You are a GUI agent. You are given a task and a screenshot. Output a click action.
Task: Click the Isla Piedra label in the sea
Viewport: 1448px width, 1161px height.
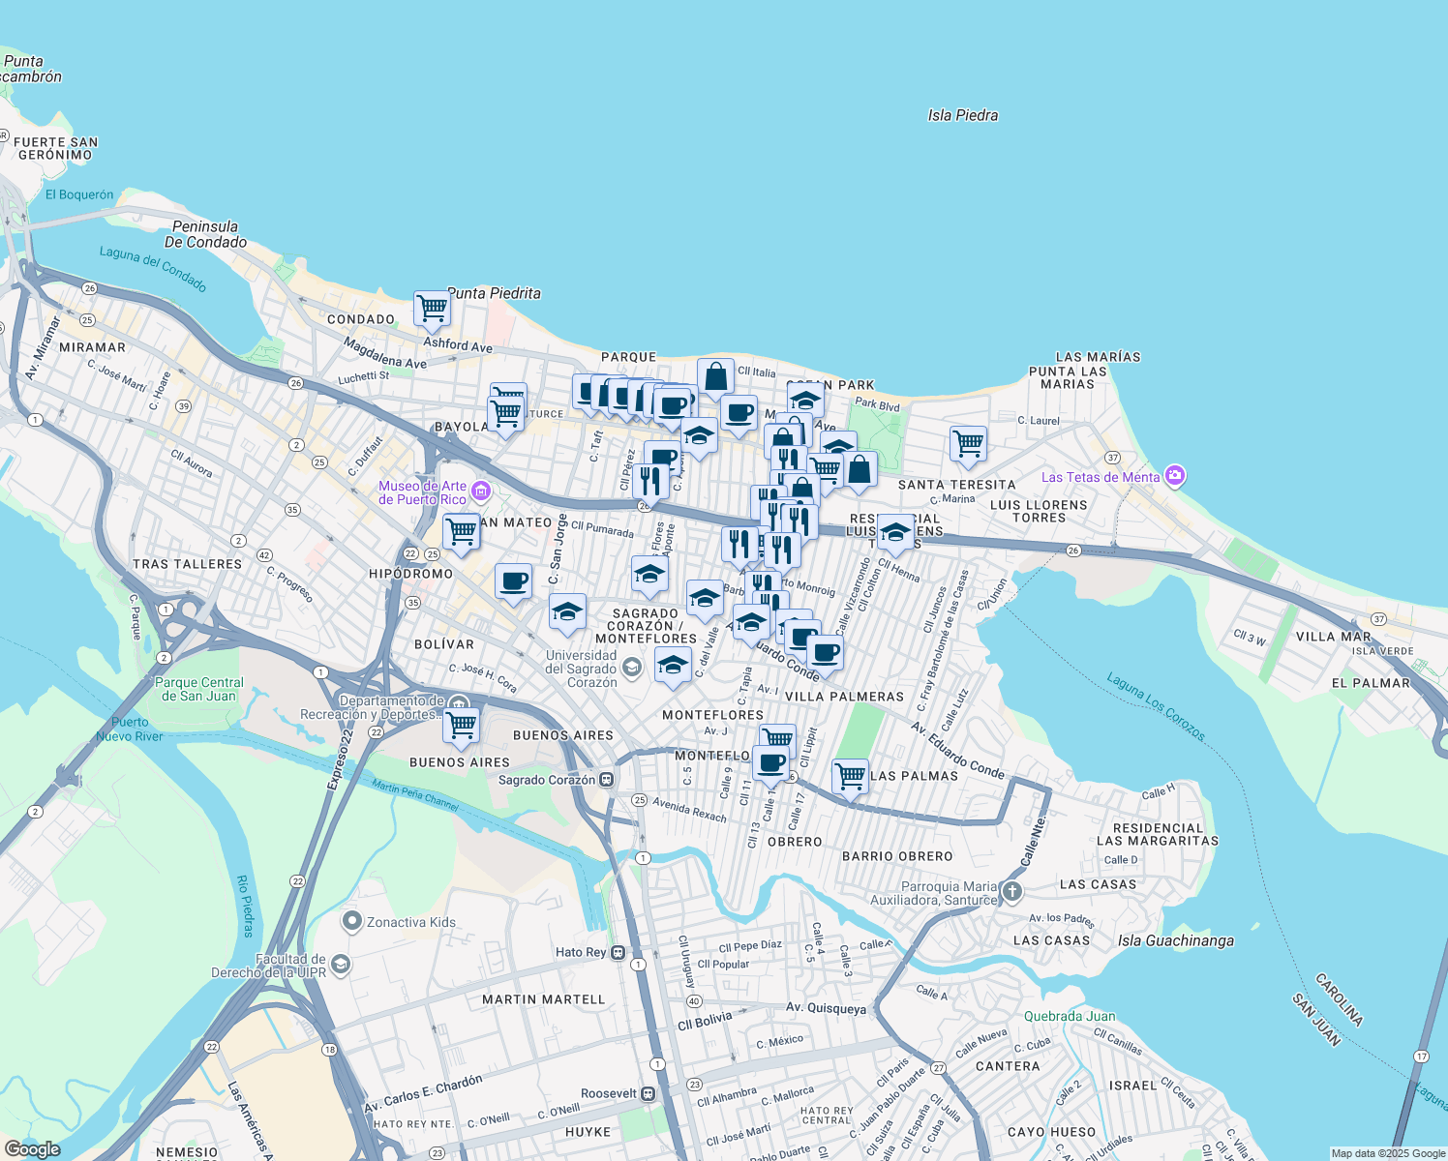pyautogui.click(x=962, y=115)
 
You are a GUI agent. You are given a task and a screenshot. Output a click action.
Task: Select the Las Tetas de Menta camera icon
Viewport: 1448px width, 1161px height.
pyautogui.click(x=1175, y=475)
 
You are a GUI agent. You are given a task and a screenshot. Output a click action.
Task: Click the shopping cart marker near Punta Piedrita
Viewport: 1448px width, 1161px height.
pyautogui.click(x=432, y=309)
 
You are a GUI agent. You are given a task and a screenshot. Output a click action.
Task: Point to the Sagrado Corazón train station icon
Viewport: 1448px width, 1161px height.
pyautogui.click(x=606, y=780)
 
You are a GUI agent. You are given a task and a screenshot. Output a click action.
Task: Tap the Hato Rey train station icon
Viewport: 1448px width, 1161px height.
pyautogui.click(x=618, y=952)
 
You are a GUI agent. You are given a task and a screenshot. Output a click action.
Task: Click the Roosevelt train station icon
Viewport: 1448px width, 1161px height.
pyautogui.click(x=649, y=1093)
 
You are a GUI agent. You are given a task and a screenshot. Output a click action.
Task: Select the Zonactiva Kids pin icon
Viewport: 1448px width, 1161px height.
pyautogui.click(x=352, y=921)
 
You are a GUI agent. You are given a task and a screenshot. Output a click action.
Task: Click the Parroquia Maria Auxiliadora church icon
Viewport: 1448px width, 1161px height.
pyautogui.click(x=1011, y=892)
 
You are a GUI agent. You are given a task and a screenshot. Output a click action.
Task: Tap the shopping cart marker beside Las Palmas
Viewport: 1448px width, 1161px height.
pyautogui.click(x=850, y=775)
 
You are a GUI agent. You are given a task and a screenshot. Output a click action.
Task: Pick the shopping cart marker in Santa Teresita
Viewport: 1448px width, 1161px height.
pyautogui.click(x=968, y=444)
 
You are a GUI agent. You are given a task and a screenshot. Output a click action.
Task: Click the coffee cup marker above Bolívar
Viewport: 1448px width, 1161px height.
pyautogui.click(x=513, y=581)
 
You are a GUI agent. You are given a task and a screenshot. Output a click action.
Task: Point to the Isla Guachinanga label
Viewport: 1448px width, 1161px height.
pyautogui.click(x=1175, y=940)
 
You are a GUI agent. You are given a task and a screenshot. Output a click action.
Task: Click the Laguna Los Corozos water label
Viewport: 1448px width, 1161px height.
pyautogui.click(x=1156, y=708)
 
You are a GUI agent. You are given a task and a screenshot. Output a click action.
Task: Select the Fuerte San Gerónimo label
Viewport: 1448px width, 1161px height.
pyautogui.click(x=56, y=148)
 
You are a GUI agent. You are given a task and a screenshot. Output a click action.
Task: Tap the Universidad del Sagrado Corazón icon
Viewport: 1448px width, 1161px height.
pyautogui.click(x=631, y=668)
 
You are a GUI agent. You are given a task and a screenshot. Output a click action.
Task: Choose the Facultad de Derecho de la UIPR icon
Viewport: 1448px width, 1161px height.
pyautogui.click(x=340, y=965)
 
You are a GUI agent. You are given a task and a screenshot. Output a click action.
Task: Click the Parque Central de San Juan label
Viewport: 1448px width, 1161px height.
pyautogui.click(x=198, y=689)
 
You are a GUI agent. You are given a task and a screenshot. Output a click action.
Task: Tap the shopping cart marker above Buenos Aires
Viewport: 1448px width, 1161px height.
pyautogui.click(x=462, y=725)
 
